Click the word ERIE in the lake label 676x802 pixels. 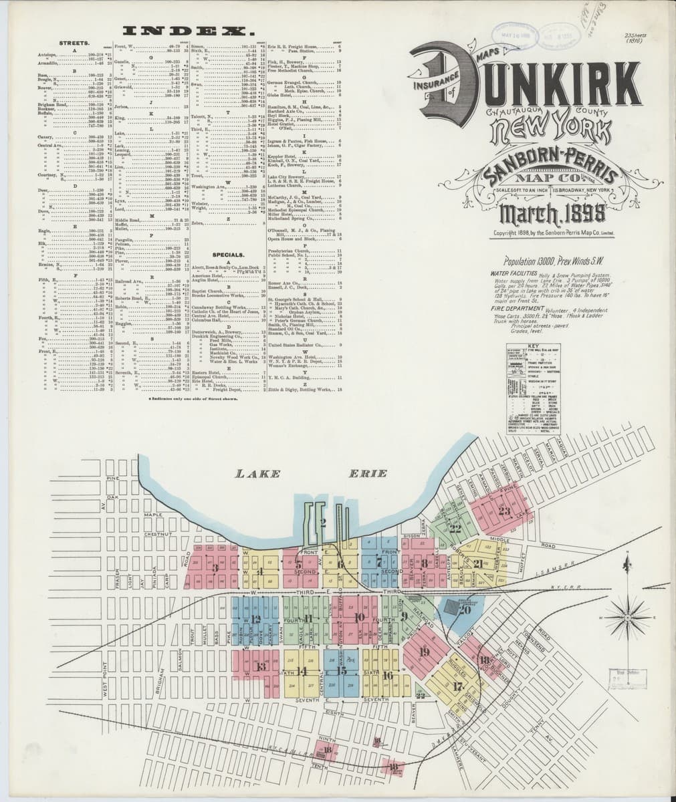(x=368, y=474)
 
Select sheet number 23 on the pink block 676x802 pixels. (x=504, y=512)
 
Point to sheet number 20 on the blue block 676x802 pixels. (x=465, y=609)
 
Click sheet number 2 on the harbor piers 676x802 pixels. (x=322, y=523)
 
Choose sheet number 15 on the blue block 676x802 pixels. (x=342, y=670)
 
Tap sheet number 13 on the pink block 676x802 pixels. (x=261, y=666)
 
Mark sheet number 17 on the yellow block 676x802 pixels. (x=458, y=686)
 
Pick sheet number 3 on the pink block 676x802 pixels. (x=215, y=567)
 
